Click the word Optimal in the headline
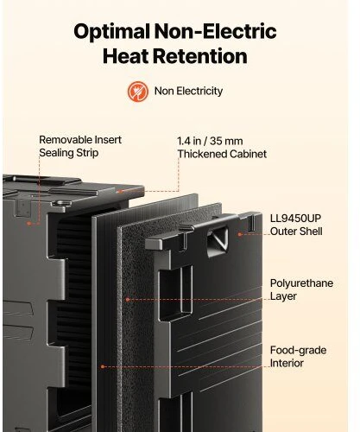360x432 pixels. (112, 32)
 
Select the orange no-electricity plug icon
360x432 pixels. (138, 92)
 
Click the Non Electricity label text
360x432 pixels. (188, 91)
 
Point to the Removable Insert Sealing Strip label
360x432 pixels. (80, 146)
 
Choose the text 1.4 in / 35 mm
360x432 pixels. (210, 141)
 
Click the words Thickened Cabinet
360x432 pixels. (222, 154)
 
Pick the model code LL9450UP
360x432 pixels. (295, 219)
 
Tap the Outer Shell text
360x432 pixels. (296, 232)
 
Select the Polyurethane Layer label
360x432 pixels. (301, 289)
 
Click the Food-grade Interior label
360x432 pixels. (298, 357)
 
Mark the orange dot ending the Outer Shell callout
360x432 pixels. (240, 234)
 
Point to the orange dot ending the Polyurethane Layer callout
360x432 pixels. (128, 300)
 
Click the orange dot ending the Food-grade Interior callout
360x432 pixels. (103, 366)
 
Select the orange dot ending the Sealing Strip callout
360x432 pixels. (28, 223)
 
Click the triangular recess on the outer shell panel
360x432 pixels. (218, 240)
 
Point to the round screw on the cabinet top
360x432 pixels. (62, 202)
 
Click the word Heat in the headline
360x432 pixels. (125, 56)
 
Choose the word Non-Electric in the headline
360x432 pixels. (216, 31)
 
